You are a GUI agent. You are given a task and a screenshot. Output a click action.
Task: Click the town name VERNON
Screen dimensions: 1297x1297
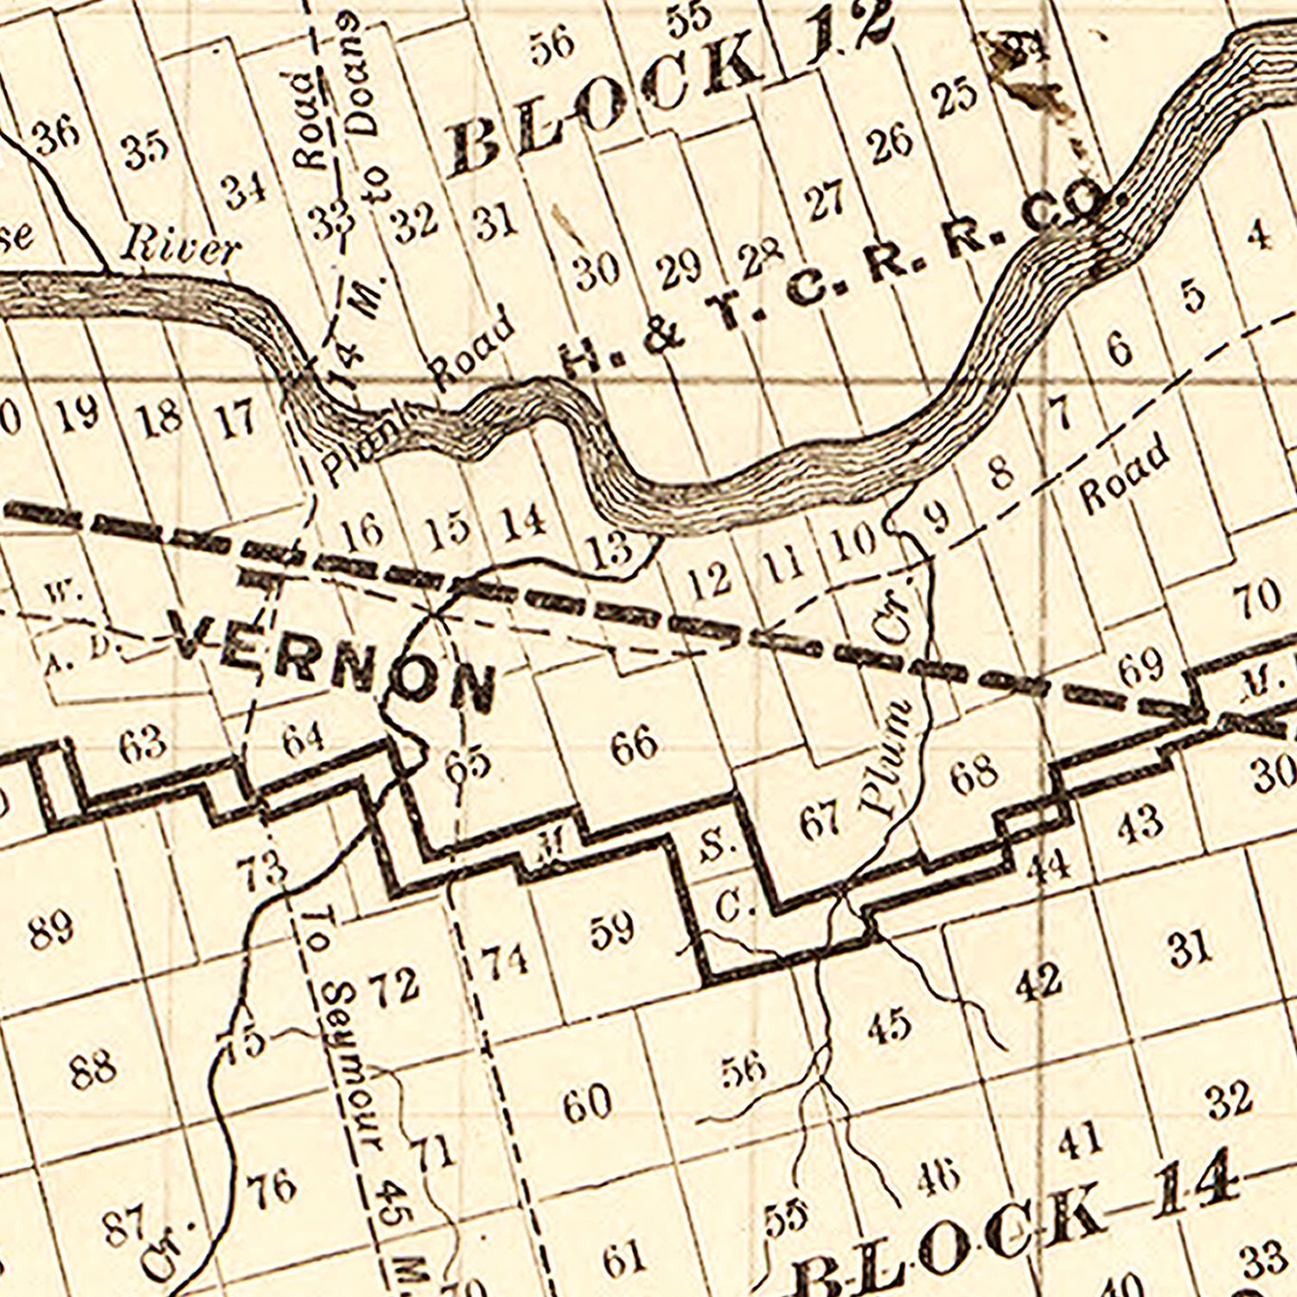[333, 661]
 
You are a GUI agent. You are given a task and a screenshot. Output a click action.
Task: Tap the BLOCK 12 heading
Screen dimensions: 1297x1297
[670, 91]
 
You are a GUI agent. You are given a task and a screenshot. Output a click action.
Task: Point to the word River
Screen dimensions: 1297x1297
[179, 247]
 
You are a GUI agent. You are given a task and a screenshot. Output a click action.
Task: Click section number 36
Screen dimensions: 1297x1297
[57, 135]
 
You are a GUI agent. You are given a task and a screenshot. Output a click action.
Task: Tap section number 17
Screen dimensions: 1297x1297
[235, 418]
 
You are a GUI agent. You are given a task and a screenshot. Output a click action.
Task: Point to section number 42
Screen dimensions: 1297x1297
[1038, 982]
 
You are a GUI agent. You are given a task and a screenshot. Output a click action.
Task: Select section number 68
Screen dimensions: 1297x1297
[974, 773]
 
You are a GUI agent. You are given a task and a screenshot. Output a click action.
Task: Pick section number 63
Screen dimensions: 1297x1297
[143, 743]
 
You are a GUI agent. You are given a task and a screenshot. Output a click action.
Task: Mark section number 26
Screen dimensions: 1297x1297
[891, 144]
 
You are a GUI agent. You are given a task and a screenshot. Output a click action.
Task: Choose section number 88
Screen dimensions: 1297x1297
[93, 1068]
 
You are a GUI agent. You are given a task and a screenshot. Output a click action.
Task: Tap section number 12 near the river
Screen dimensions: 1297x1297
[711, 581]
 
